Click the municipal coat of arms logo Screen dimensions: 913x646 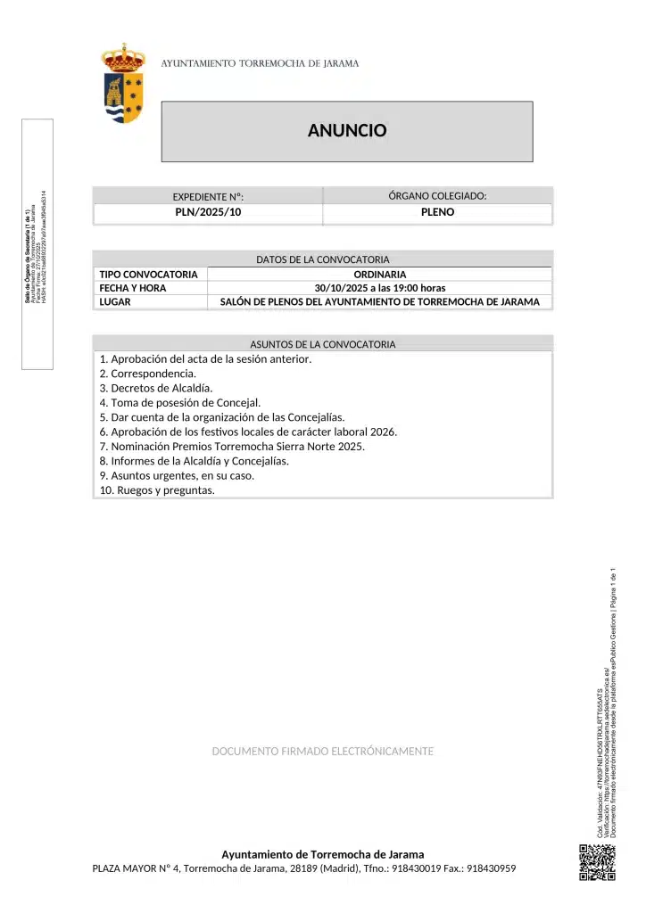coord(124,84)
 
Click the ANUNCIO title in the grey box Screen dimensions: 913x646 coord(347,131)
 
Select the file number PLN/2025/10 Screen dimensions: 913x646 coord(208,213)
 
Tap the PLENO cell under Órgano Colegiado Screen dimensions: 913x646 coord(437,213)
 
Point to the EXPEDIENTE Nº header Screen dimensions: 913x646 coord(208,197)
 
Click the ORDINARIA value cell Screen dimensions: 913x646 coord(379,275)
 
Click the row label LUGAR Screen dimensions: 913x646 coord(115,302)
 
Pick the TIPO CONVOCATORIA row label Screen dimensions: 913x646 coord(148,275)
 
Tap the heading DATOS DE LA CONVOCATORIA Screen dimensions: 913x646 coord(323,259)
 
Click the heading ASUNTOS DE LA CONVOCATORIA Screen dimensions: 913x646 coord(323,344)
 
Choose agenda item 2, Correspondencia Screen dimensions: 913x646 coord(148,374)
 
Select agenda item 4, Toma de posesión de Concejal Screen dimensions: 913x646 coord(180,403)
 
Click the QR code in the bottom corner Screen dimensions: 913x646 coord(597,862)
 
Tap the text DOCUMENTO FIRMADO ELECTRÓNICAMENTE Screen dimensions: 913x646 coord(323,752)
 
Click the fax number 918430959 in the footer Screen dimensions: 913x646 coord(491,868)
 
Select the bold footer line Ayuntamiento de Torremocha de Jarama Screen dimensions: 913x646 coord(323,854)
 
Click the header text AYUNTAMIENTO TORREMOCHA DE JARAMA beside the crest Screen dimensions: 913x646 coord(260,64)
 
